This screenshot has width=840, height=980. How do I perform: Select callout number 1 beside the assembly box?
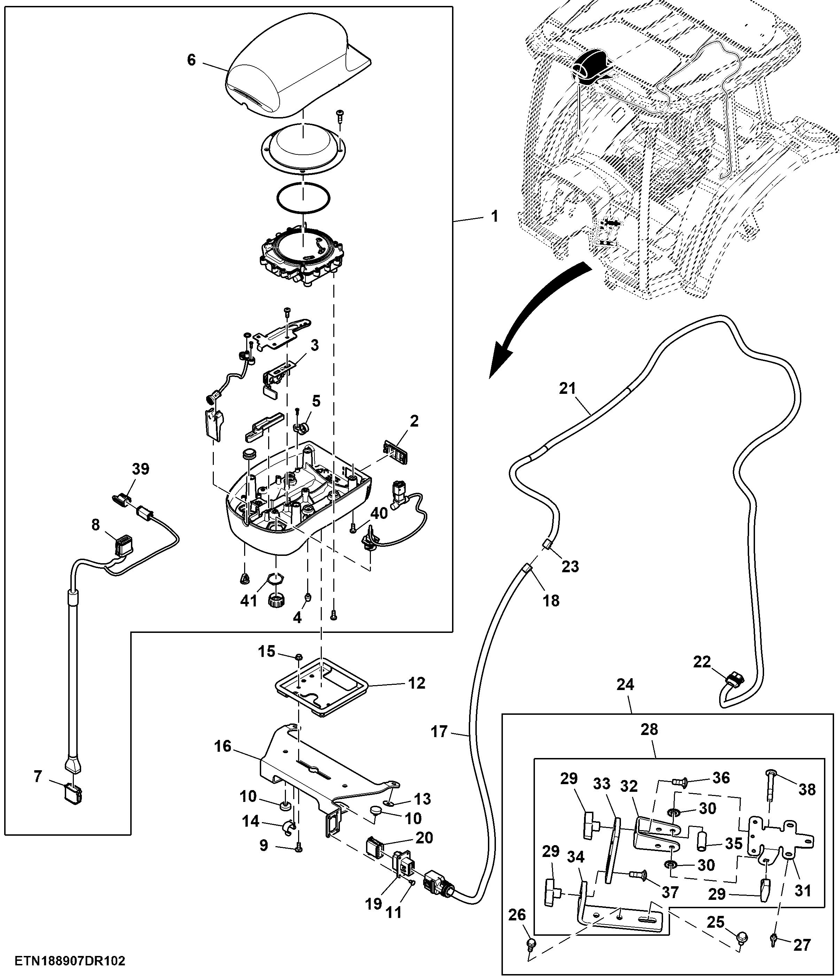tap(495, 217)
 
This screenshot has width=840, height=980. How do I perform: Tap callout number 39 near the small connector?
tap(140, 469)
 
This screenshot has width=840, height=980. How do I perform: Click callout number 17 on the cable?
tap(439, 732)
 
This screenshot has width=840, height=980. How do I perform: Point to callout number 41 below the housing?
tap(249, 601)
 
